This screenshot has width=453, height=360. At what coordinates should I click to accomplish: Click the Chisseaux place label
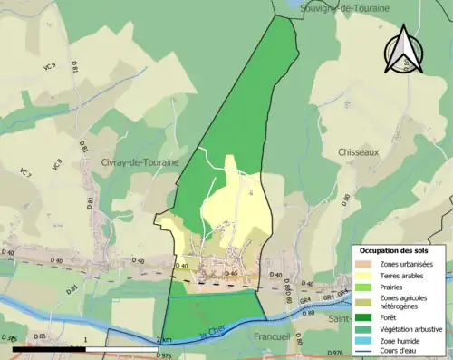[x=357, y=152]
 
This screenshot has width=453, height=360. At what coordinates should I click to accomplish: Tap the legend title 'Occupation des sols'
[x=401, y=250]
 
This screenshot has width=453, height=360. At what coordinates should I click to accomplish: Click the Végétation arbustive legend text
[x=413, y=329]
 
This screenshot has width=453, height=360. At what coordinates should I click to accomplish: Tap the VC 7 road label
[x=26, y=170]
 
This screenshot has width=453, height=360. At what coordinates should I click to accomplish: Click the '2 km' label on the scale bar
[x=164, y=340]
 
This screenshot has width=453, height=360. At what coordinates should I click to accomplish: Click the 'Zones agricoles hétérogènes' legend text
[x=407, y=302]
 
